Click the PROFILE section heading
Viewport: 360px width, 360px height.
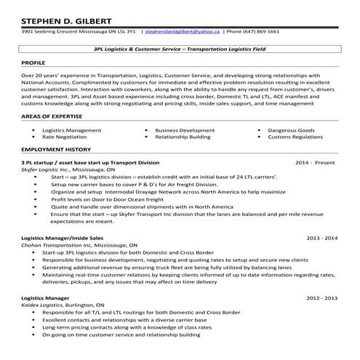click(34, 63)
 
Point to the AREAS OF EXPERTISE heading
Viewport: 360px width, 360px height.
click(52, 116)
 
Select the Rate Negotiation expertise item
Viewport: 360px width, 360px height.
click(63, 136)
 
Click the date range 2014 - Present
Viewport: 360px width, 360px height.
click(316, 162)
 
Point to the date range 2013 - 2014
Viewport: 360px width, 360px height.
click(322, 238)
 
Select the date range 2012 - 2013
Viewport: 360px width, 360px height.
click(322, 298)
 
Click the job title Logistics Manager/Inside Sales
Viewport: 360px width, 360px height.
click(63, 238)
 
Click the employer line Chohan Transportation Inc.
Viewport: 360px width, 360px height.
click(73, 245)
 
